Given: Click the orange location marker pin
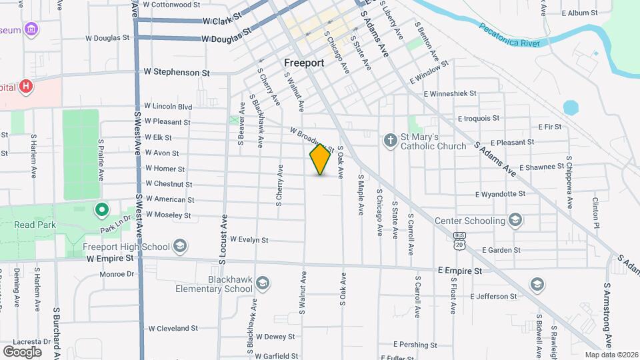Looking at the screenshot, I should point(321,159).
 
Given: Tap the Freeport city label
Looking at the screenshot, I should point(304,63).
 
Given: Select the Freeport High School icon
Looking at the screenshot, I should point(179,247).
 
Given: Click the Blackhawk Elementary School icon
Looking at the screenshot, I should point(263,285).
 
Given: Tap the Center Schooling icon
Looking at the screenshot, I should point(515,220).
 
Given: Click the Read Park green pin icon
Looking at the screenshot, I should point(102,211).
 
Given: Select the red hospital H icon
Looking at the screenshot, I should point(26,86).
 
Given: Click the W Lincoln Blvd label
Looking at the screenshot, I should point(168,107).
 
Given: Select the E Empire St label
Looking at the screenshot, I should point(459,271).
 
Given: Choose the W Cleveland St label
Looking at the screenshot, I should point(173,328).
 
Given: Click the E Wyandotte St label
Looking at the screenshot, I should point(500,194).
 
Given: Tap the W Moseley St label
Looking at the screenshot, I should point(168,215).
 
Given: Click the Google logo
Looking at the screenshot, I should point(22,351).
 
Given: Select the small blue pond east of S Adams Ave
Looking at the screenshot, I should point(570,108).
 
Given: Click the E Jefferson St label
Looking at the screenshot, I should point(493,296).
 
